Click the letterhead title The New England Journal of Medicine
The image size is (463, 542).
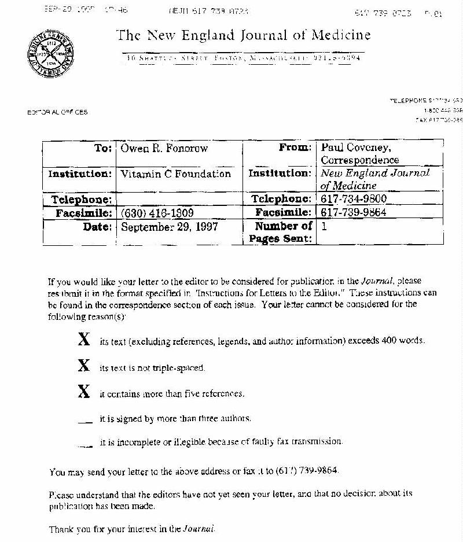(243, 35)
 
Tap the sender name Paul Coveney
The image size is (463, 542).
(356, 148)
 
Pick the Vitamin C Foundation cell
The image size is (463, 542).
(175, 174)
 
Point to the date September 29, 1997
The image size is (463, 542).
(169, 227)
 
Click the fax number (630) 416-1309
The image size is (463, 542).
(157, 213)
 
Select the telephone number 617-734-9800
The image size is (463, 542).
(354, 199)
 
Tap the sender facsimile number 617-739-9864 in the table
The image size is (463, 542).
(354, 212)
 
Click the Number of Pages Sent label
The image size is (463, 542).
(284, 233)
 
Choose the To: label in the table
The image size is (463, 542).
(103, 148)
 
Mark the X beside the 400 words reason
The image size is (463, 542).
(84, 340)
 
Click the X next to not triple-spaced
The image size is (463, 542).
(84, 366)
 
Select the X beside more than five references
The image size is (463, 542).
(84, 392)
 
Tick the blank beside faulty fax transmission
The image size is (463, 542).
(84, 444)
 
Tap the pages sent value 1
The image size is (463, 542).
(324, 227)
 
